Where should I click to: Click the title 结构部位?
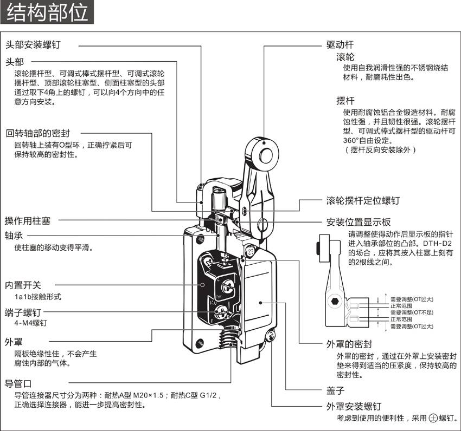[47, 12]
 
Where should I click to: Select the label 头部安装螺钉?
[33, 44]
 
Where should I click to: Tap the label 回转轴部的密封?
[37, 133]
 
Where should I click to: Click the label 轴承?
[14, 236]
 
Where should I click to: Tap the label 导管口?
[18, 383]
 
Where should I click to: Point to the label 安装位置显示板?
[359, 222]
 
